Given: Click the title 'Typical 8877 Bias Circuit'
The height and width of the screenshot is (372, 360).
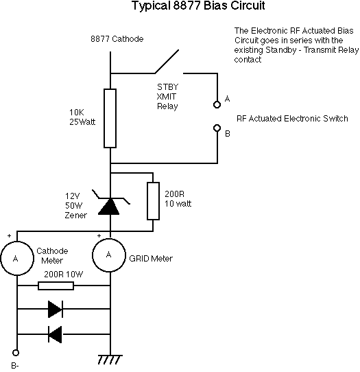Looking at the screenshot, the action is coord(198,5).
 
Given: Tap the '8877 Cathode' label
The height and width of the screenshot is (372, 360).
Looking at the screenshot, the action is coord(117,39).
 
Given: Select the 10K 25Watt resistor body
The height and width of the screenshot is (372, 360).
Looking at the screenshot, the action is coord(110,118).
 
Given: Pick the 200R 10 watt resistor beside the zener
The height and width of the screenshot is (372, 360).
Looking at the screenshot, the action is coord(153,201).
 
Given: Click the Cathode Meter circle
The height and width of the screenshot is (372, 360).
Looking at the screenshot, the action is coord(17,258).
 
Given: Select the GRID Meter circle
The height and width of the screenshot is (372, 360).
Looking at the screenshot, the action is coord(109,255).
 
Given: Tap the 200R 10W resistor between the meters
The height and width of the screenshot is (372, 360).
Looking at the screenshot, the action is coord(56,286).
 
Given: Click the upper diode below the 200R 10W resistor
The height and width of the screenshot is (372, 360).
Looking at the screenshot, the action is coord(56,309).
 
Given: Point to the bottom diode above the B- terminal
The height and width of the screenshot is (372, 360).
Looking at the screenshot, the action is coord(55,334).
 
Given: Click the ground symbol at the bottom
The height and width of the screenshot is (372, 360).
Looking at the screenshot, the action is coord(110,360).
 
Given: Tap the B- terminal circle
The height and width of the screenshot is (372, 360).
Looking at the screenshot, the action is coord(16,353).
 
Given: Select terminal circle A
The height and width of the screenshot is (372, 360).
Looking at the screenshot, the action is coord(217,104).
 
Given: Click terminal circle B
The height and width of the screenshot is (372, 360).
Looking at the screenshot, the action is coord(217,128).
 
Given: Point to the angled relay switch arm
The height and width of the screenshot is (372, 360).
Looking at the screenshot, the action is coord(167,62).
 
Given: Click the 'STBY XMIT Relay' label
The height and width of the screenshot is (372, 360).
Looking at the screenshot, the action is coord(167,97).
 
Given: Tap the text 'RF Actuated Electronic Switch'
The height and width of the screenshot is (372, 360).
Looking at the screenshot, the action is coord(292,118).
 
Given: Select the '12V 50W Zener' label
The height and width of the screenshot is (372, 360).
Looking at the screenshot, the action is coord(76,206).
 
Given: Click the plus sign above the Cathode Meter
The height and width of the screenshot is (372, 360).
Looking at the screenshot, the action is coord(9,235).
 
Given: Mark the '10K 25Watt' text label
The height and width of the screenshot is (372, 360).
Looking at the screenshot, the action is coord(82,117).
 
